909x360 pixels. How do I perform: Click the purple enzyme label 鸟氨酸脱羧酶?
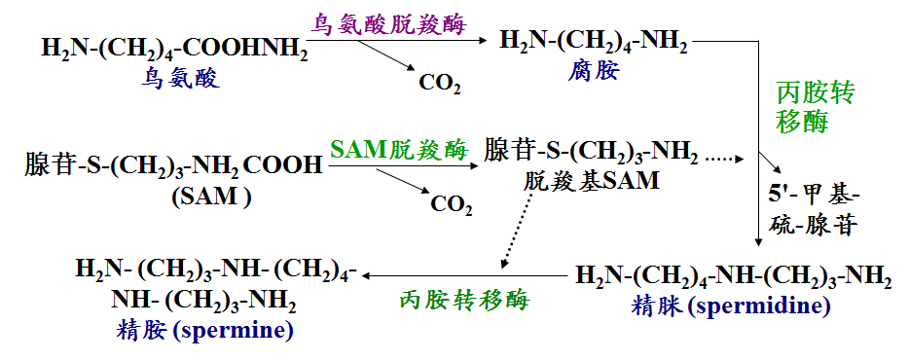(388, 23)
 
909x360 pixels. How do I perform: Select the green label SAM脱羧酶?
(399, 151)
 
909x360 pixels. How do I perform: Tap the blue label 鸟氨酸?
(180, 77)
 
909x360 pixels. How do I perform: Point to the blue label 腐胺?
(594, 72)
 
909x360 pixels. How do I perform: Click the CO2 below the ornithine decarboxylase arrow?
(440, 84)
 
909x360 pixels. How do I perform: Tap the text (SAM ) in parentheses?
(211, 198)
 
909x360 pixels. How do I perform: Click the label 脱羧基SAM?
(591, 181)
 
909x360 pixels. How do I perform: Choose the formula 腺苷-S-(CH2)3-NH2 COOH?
(173, 165)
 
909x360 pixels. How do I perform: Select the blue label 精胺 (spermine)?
(204, 331)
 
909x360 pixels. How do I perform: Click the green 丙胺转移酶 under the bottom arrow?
(464, 301)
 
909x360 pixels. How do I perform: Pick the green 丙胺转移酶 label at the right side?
(816, 107)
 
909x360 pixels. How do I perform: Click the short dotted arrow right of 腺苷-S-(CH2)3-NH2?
(725, 158)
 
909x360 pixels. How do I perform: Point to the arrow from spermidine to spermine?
(465, 275)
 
